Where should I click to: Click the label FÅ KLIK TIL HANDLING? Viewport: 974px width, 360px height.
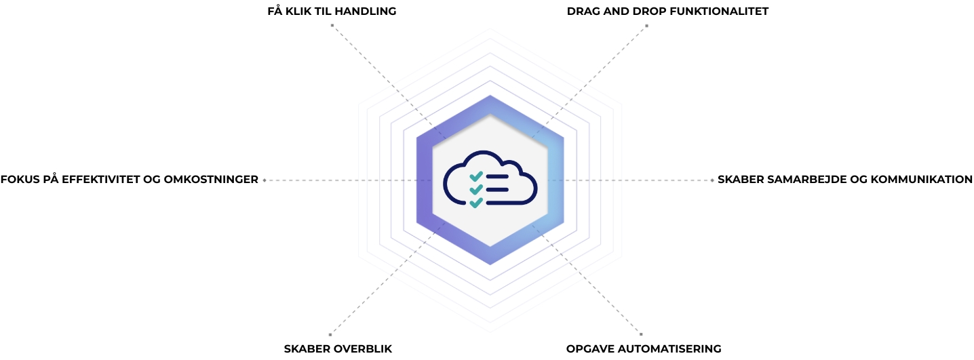332,12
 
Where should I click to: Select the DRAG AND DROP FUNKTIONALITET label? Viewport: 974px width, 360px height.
667,12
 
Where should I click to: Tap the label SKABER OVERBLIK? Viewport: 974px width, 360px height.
338,348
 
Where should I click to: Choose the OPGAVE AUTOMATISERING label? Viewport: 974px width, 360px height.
644,348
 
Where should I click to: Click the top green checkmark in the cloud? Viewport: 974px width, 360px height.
476,176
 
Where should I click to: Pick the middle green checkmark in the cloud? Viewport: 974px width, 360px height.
476,189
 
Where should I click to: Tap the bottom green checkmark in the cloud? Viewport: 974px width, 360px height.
476,202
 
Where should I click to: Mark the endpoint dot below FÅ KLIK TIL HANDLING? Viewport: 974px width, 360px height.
332,26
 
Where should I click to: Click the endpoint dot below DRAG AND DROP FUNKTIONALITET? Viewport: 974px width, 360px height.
646,26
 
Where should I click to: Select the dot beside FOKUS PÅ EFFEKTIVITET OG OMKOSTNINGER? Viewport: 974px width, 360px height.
265,180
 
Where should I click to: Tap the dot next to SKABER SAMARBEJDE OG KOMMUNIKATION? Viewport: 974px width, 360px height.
712,180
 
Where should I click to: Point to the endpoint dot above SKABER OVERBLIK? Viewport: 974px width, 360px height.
330,334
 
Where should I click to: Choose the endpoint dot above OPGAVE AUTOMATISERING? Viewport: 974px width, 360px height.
641,334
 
